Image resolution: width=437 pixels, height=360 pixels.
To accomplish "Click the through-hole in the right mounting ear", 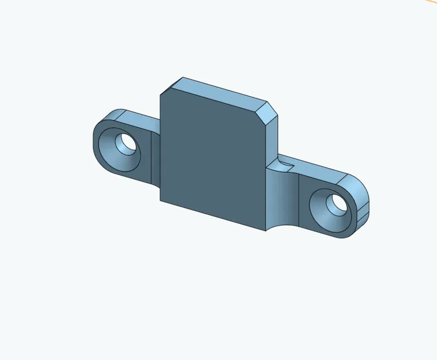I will pyautogui.click(x=336, y=203).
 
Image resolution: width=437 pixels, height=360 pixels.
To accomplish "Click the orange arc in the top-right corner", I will pyautogui.click(x=429, y=2).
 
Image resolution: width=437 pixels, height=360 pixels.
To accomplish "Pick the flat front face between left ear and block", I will pyautogui.click(x=155, y=158).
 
